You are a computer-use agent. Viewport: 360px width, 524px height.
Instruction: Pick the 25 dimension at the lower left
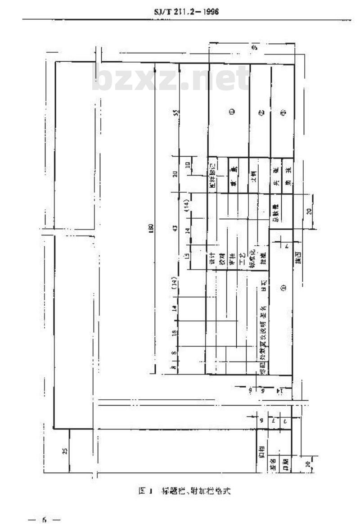click(x=65, y=451)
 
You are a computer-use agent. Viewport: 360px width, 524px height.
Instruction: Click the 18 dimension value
click(x=175, y=333)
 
